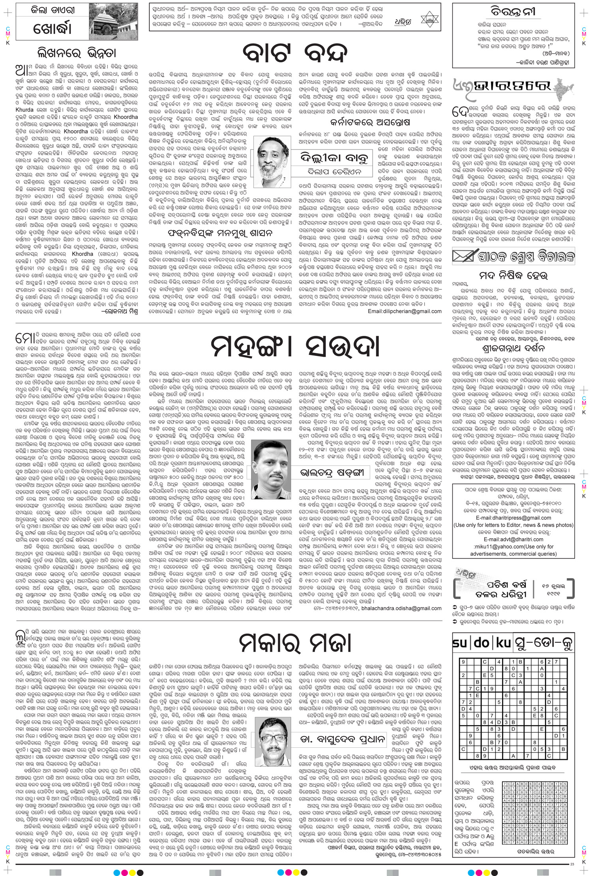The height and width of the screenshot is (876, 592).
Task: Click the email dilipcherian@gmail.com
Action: click(405, 311)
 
